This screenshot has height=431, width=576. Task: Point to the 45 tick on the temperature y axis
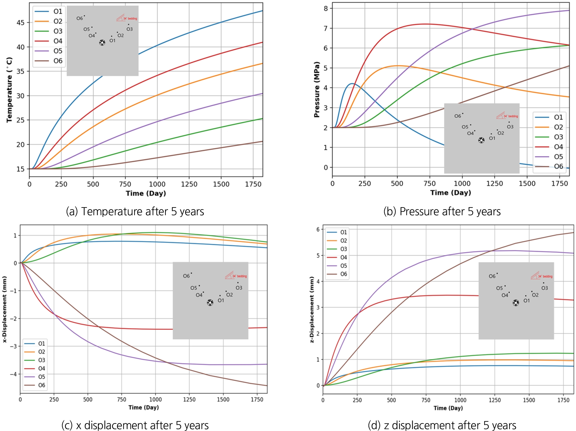click(21, 23)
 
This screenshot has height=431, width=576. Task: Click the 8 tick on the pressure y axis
click(326, 8)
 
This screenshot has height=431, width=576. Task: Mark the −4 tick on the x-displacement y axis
click(13, 374)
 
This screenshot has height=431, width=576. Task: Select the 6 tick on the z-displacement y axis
click(318, 230)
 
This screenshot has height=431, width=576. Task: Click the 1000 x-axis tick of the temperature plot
click(157, 184)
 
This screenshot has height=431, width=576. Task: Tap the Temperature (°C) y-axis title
click(9, 90)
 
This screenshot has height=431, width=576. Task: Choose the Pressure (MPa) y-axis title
click(317, 90)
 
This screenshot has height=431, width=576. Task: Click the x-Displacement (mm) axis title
click(5, 309)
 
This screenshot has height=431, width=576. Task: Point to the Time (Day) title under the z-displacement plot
click(448, 408)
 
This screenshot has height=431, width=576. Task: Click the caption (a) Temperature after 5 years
click(135, 212)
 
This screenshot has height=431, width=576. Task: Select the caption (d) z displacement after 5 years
click(442, 425)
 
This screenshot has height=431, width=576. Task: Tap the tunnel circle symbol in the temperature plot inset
click(102, 43)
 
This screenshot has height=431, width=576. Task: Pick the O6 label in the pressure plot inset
click(458, 116)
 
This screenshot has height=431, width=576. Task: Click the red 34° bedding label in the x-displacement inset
click(239, 276)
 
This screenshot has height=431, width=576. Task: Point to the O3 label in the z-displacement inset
click(545, 288)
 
